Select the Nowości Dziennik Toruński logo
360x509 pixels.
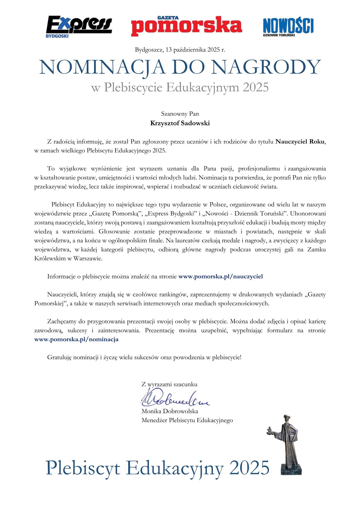288,27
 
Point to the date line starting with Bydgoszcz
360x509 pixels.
180,50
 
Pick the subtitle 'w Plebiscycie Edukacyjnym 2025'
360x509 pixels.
180,87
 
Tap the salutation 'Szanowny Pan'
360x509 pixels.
180,114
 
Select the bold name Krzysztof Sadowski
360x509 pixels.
180,123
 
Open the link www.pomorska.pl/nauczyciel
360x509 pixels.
221,276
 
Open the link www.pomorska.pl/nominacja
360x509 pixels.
76,339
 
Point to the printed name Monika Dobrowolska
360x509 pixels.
170,411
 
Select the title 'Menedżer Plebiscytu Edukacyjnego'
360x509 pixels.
187,420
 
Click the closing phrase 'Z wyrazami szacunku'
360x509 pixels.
169,385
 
